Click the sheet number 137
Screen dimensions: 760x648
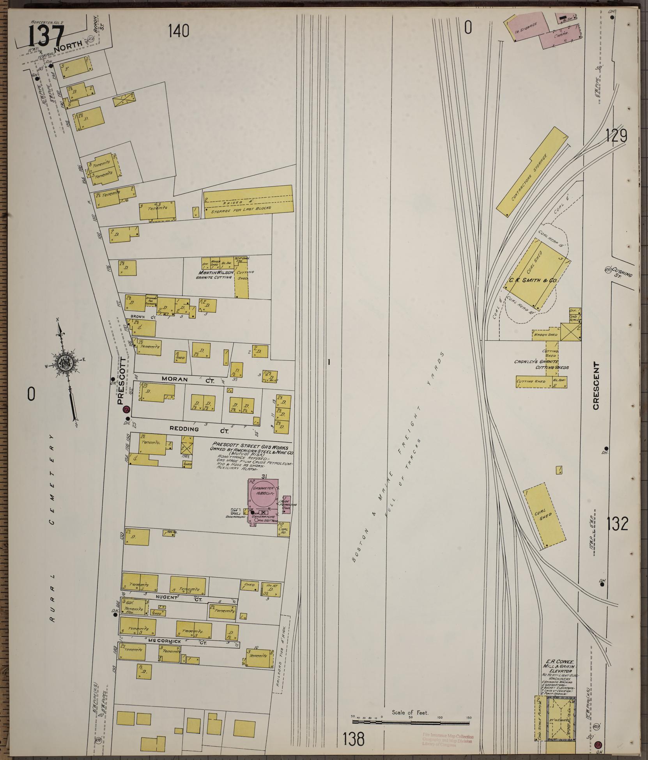45,37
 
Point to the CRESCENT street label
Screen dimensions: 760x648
595,386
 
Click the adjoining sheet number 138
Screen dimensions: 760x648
354,738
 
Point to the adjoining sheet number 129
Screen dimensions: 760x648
617,136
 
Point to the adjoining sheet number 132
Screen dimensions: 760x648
617,524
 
